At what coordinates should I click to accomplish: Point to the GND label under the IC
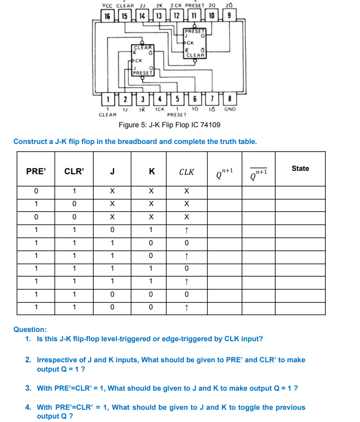tap(229, 109)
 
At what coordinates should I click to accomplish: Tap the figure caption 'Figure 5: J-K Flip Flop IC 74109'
tap(169, 125)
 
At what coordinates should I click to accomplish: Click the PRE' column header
tap(36, 171)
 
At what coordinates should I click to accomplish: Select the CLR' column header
tap(74, 171)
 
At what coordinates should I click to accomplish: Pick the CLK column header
tap(186, 172)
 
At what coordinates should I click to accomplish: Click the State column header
tap(300, 168)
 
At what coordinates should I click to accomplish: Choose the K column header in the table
tap(151, 171)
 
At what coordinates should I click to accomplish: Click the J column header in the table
tap(112, 171)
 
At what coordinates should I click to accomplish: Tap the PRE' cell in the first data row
tap(36, 191)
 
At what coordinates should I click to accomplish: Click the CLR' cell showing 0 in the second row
tap(74, 204)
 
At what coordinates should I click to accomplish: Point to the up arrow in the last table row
tap(186, 308)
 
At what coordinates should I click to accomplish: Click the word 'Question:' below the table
tap(30, 330)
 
